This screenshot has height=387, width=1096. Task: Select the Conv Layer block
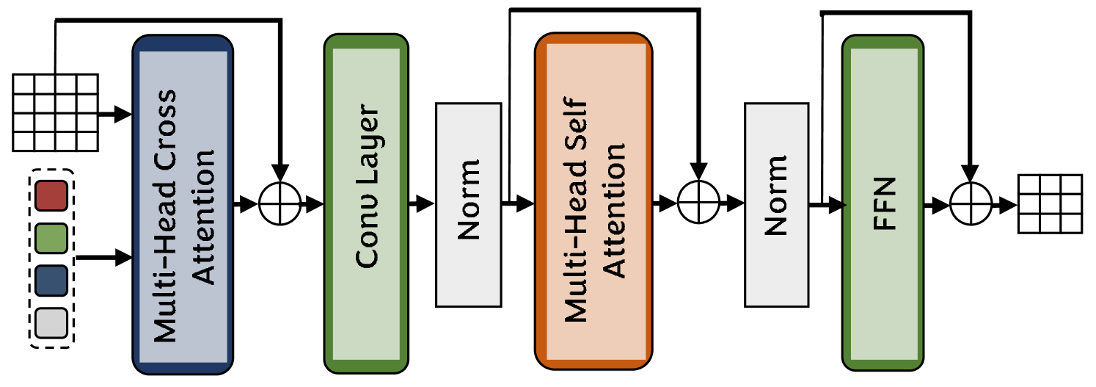tap(366, 203)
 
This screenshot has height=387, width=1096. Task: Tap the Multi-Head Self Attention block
tap(593, 203)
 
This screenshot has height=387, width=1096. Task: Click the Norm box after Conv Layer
tap(468, 204)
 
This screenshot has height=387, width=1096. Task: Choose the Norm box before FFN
tap(776, 204)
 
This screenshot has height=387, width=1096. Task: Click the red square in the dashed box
tap(51, 195)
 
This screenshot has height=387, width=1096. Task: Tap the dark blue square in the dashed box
tap(51, 279)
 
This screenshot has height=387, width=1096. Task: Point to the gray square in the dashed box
tap(51, 321)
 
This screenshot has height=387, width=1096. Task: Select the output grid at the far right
tap(1050, 203)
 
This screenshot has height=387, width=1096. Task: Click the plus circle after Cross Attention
tap(280, 203)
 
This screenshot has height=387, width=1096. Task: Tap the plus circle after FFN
tap(970, 203)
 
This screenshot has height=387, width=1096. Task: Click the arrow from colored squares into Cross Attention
tap(103, 258)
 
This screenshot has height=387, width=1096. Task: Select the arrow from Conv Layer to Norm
tap(421, 204)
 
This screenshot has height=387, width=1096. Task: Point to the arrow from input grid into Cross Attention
tap(114, 115)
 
